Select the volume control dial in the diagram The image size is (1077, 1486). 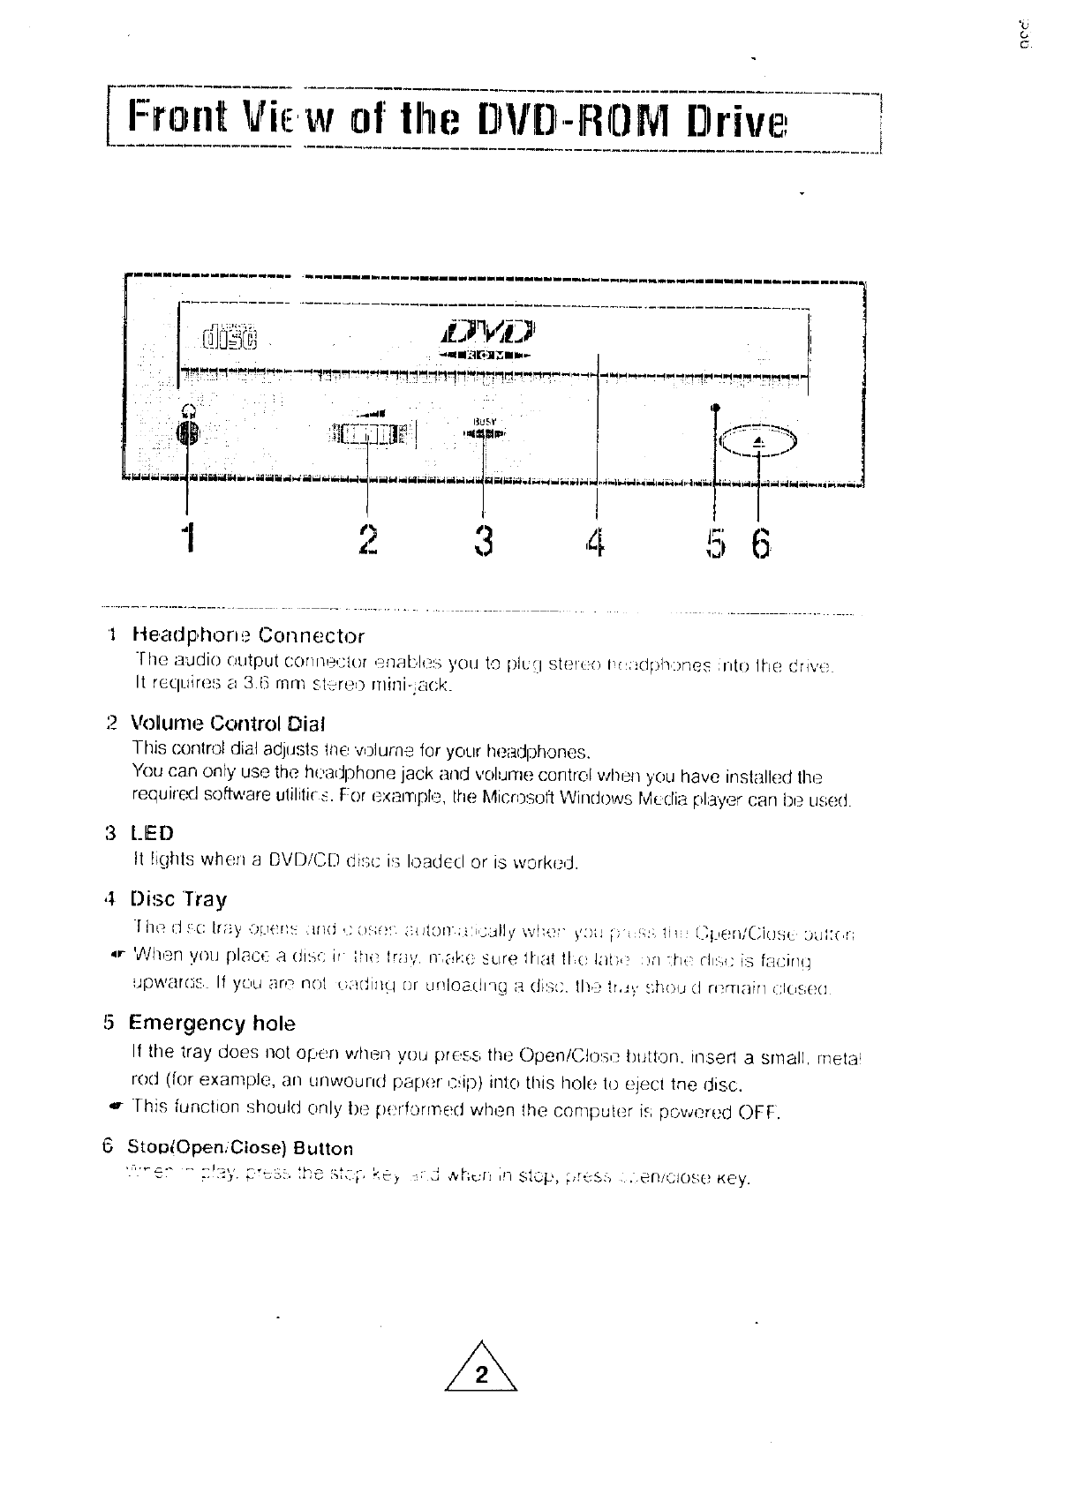click(x=366, y=433)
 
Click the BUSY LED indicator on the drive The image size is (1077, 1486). click(x=484, y=433)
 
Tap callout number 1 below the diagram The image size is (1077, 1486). click(x=185, y=539)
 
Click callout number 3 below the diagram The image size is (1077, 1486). click(x=483, y=539)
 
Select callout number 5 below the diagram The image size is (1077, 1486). click(x=714, y=541)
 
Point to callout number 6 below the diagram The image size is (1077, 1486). click(x=760, y=541)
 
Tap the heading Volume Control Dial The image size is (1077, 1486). click(x=228, y=724)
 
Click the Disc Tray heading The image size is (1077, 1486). click(x=178, y=899)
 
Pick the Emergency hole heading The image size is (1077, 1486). click(x=212, y=1024)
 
